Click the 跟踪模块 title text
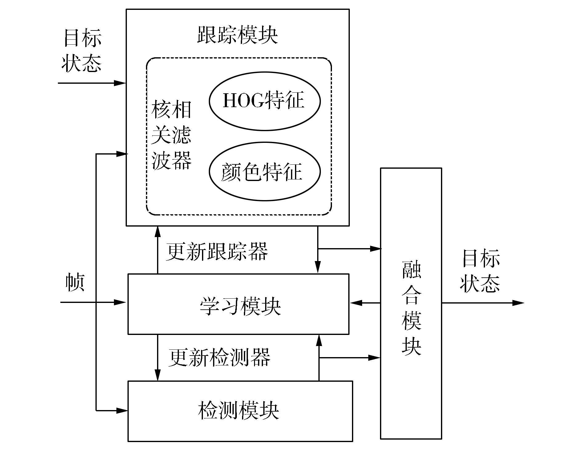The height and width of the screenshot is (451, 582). pos(237,34)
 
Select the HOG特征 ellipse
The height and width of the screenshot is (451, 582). pos(265,101)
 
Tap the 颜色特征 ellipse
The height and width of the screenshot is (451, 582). pos(265,171)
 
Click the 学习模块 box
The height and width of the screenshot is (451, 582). pos(238,304)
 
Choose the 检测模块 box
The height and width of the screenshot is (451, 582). pos(240,411)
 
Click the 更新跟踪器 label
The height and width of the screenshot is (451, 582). pos(217,252)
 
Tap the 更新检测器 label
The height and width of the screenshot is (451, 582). pos(220,358)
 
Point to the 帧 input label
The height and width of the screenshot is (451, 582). pos(75,282)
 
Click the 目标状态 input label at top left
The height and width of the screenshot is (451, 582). pos(82,50)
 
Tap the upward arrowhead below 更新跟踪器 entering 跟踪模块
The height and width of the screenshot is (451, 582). pos(158,231)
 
